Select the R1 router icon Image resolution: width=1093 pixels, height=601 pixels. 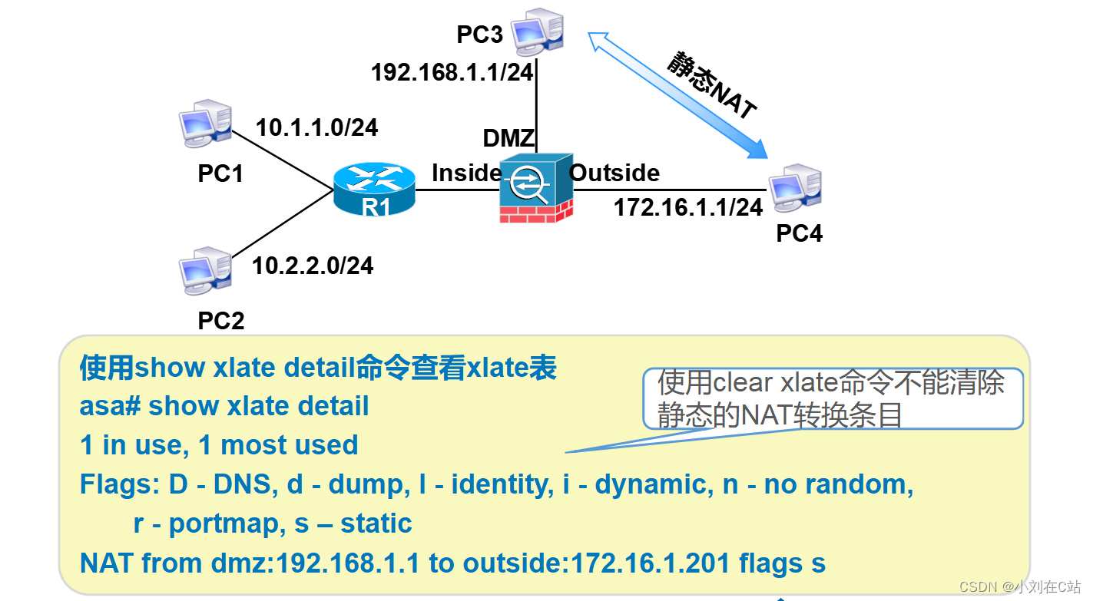(374, 189)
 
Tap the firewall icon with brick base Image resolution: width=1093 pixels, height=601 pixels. (536, 188)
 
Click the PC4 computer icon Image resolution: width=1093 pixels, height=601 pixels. (795, 188)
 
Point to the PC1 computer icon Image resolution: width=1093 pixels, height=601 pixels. (205, 124)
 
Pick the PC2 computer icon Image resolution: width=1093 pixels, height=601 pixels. (205, 271)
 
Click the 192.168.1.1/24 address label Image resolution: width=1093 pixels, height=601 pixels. (452, 73)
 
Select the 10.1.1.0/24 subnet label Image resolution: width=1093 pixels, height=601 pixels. (316, 127)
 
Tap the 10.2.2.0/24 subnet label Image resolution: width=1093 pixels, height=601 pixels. (313, 266)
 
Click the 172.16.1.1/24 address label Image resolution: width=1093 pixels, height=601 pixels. (688, 208)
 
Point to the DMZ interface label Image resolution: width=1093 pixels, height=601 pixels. (508, 138)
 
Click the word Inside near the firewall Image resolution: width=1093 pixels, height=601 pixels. (466, 173)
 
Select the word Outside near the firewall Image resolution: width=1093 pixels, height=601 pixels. (614, 173)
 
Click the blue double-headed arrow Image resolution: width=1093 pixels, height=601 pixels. (677, 95)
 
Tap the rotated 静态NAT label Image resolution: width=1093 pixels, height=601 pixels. (712, 84)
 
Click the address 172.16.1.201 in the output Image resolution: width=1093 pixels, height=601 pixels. (650, 563)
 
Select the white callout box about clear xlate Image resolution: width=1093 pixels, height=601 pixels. (833, 398)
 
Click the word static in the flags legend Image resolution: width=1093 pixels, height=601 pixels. (376, 523)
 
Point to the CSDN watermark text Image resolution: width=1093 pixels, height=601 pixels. (1020, 586)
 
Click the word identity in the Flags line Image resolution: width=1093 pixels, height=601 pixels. (502, 484)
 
